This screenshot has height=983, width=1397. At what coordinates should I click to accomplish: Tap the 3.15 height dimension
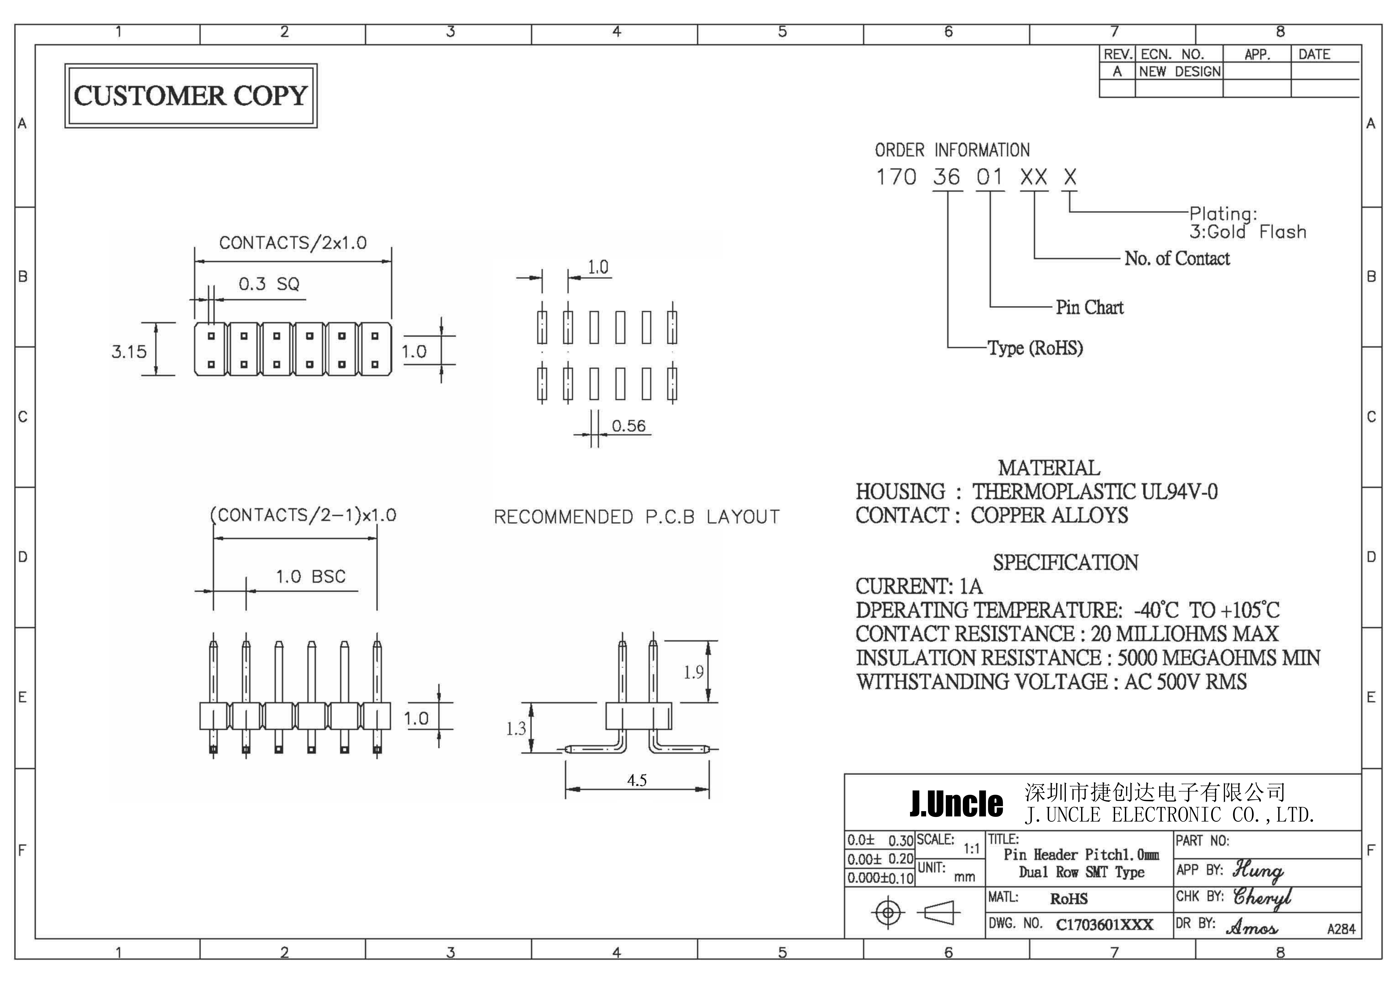pos(129,352)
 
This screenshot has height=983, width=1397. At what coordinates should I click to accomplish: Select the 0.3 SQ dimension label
pos(269,283)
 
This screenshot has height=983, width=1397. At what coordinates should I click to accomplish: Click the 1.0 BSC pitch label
pos(311,576)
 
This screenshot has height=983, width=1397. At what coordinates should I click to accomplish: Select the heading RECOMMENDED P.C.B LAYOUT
pos(636,517)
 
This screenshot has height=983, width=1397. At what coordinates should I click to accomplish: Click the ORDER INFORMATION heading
pos(952,150)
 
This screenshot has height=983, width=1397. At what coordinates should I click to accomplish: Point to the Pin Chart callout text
pos(1089,307)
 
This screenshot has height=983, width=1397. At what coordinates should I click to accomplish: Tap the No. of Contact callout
pos(1177,258)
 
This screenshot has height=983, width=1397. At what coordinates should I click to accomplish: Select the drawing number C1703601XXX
pos(1104,925)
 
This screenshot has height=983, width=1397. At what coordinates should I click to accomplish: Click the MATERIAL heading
pos(1049,468)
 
